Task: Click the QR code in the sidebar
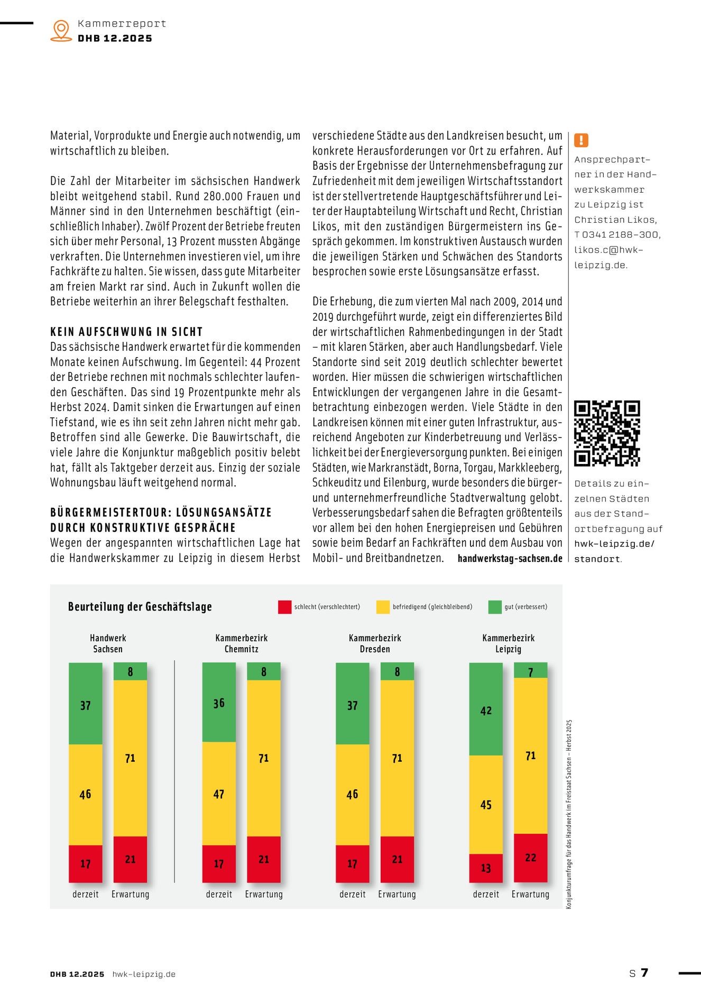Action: tap(607, 433)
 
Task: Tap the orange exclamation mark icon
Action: tap(581, 140)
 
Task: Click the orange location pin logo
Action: tap(61, 30)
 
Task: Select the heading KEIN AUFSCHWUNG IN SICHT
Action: tap(126, 332)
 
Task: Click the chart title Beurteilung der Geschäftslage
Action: tap(140, 607)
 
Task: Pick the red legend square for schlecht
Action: tap(284, 607)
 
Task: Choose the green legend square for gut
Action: tap(495, 607)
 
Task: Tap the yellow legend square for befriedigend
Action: tap(383, 607)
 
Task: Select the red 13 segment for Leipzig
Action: tap(486, 868)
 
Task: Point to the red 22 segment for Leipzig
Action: tap(531, 858)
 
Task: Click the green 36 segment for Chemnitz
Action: tap(219, 702)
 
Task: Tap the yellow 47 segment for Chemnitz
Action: tap(219, 793)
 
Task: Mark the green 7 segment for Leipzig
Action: tap(531, 670)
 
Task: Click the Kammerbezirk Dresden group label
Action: tap(375, 643)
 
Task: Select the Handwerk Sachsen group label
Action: tap(108, 643)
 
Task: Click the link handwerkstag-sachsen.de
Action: tap(510, 558)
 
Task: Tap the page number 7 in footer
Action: tap(644, 972)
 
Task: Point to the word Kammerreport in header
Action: tap(122, 24)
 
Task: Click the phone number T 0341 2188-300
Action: tap(617, 234)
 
